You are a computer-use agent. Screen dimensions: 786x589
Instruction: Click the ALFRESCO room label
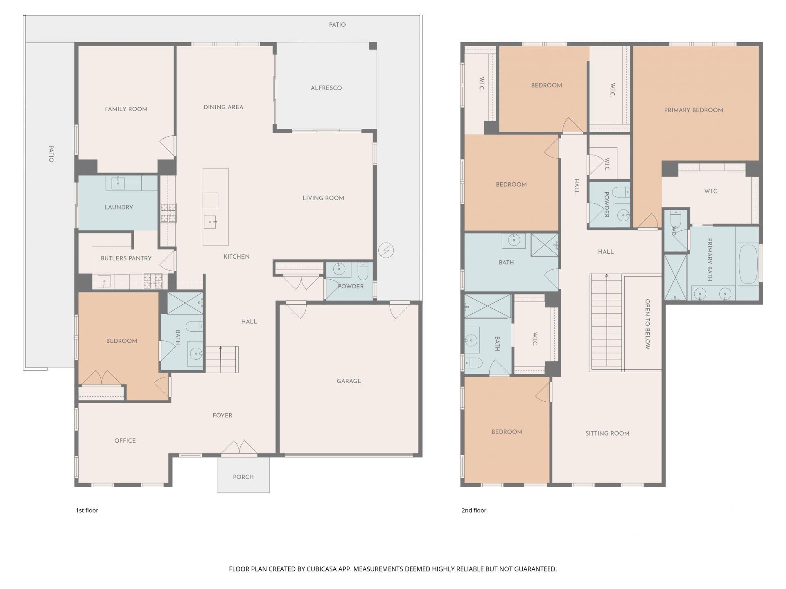pos(326,88)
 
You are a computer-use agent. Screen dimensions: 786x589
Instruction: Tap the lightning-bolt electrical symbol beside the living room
pos(386,250)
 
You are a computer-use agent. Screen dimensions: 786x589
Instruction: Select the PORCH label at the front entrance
pos(243,477)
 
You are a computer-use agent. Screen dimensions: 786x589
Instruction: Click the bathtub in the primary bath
pos(748,264)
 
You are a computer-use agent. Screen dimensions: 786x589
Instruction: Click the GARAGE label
pos(349,381)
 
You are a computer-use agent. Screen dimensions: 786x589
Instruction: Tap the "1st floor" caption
pos(87,510)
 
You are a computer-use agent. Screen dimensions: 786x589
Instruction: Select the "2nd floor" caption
pos(474,510)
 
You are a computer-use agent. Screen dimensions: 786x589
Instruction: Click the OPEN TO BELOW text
pos(648,324)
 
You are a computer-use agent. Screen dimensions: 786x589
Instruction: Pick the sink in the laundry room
pos(118,183)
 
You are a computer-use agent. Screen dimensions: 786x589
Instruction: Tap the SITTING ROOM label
pos(607,434)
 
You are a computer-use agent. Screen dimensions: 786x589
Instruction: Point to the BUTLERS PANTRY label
pos(126,259)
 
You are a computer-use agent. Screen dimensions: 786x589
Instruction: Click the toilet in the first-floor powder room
pos(363,270)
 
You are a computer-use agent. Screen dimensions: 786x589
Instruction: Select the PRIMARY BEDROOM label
pos(693,110)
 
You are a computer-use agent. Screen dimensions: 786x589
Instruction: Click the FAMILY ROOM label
pos(126,109)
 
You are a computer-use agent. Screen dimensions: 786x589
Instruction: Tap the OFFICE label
pos(125,441)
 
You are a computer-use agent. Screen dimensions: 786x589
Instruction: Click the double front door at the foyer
pos(239,448)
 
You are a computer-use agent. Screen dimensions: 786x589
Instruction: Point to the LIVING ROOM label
pos(323,198)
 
